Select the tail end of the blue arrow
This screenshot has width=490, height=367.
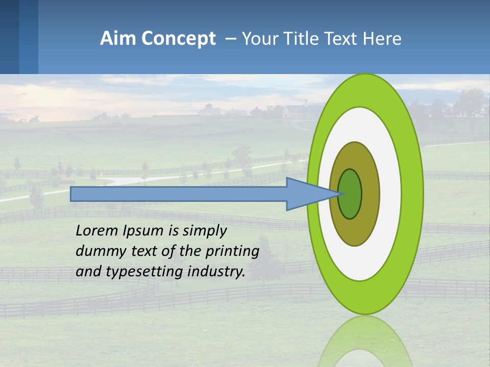click(x=72, y=194)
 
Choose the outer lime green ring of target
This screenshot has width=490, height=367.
click(x=411, y=194)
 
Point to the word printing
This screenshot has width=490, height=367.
click(x=233, y=252)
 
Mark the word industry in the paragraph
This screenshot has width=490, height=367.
click(x=216, y=272)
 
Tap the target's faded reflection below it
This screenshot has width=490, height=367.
click(x=365, y=342)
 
